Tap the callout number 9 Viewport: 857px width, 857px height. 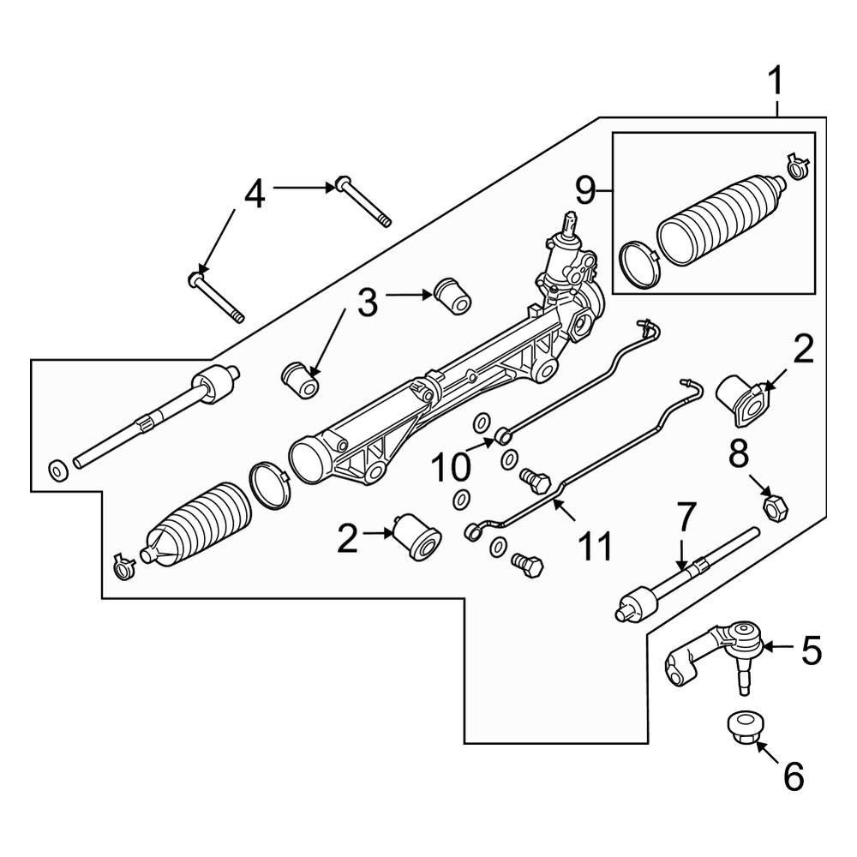click(x=585, y=190)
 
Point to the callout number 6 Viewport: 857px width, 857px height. click(x=794, y=776)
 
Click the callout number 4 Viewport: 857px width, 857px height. click(x=255, y=195)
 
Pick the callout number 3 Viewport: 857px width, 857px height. click(x=367, y=303)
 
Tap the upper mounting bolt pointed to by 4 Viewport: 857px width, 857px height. click(x=362, y=201)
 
